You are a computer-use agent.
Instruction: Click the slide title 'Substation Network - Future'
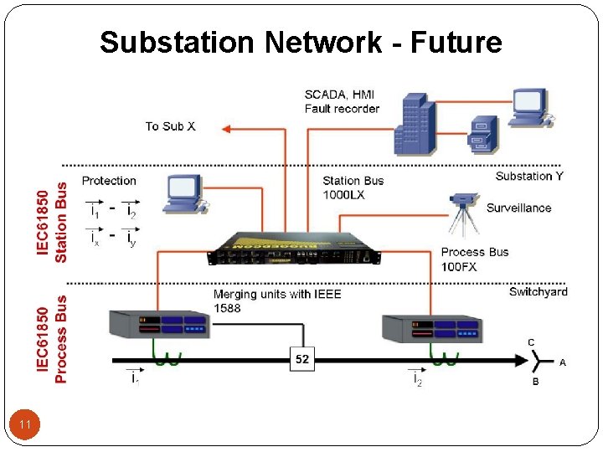pyautogui.click(x=301, y=42)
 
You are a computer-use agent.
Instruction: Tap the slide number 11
pyautogui.click(x=25, y=426)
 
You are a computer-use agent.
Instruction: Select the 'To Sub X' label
pyautogui.click(x=170, y=126)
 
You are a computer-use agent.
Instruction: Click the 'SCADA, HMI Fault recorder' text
pyautogui.click(x=342, y=101)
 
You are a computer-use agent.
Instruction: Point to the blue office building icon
pyautogui.click(x=417, y=123)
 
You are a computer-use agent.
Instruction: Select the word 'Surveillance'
pyautogui.click(x=519, y=208)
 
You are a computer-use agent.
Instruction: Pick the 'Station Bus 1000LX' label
pyautogui.click(x=353, y=187)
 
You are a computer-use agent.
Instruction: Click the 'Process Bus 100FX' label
pyautogui.click(x=475, y=259)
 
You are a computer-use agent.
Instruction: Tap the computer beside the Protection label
pyautogui.click(x=184, y=193)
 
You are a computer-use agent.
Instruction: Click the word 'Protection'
pyautogui.click(x=109, y=181)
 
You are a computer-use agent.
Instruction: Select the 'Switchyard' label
pyautogui.click(x=538, y=291)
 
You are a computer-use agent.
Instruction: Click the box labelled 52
pyautogui.click(x=302, y=359)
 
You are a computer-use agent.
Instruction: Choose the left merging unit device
pyautogui.click(x=159, y=327)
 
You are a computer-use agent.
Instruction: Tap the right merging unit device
pyautogui.click(x=431, y=329)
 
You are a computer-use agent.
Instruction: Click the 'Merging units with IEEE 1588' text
pyautogui.click(x=277, y=301)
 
